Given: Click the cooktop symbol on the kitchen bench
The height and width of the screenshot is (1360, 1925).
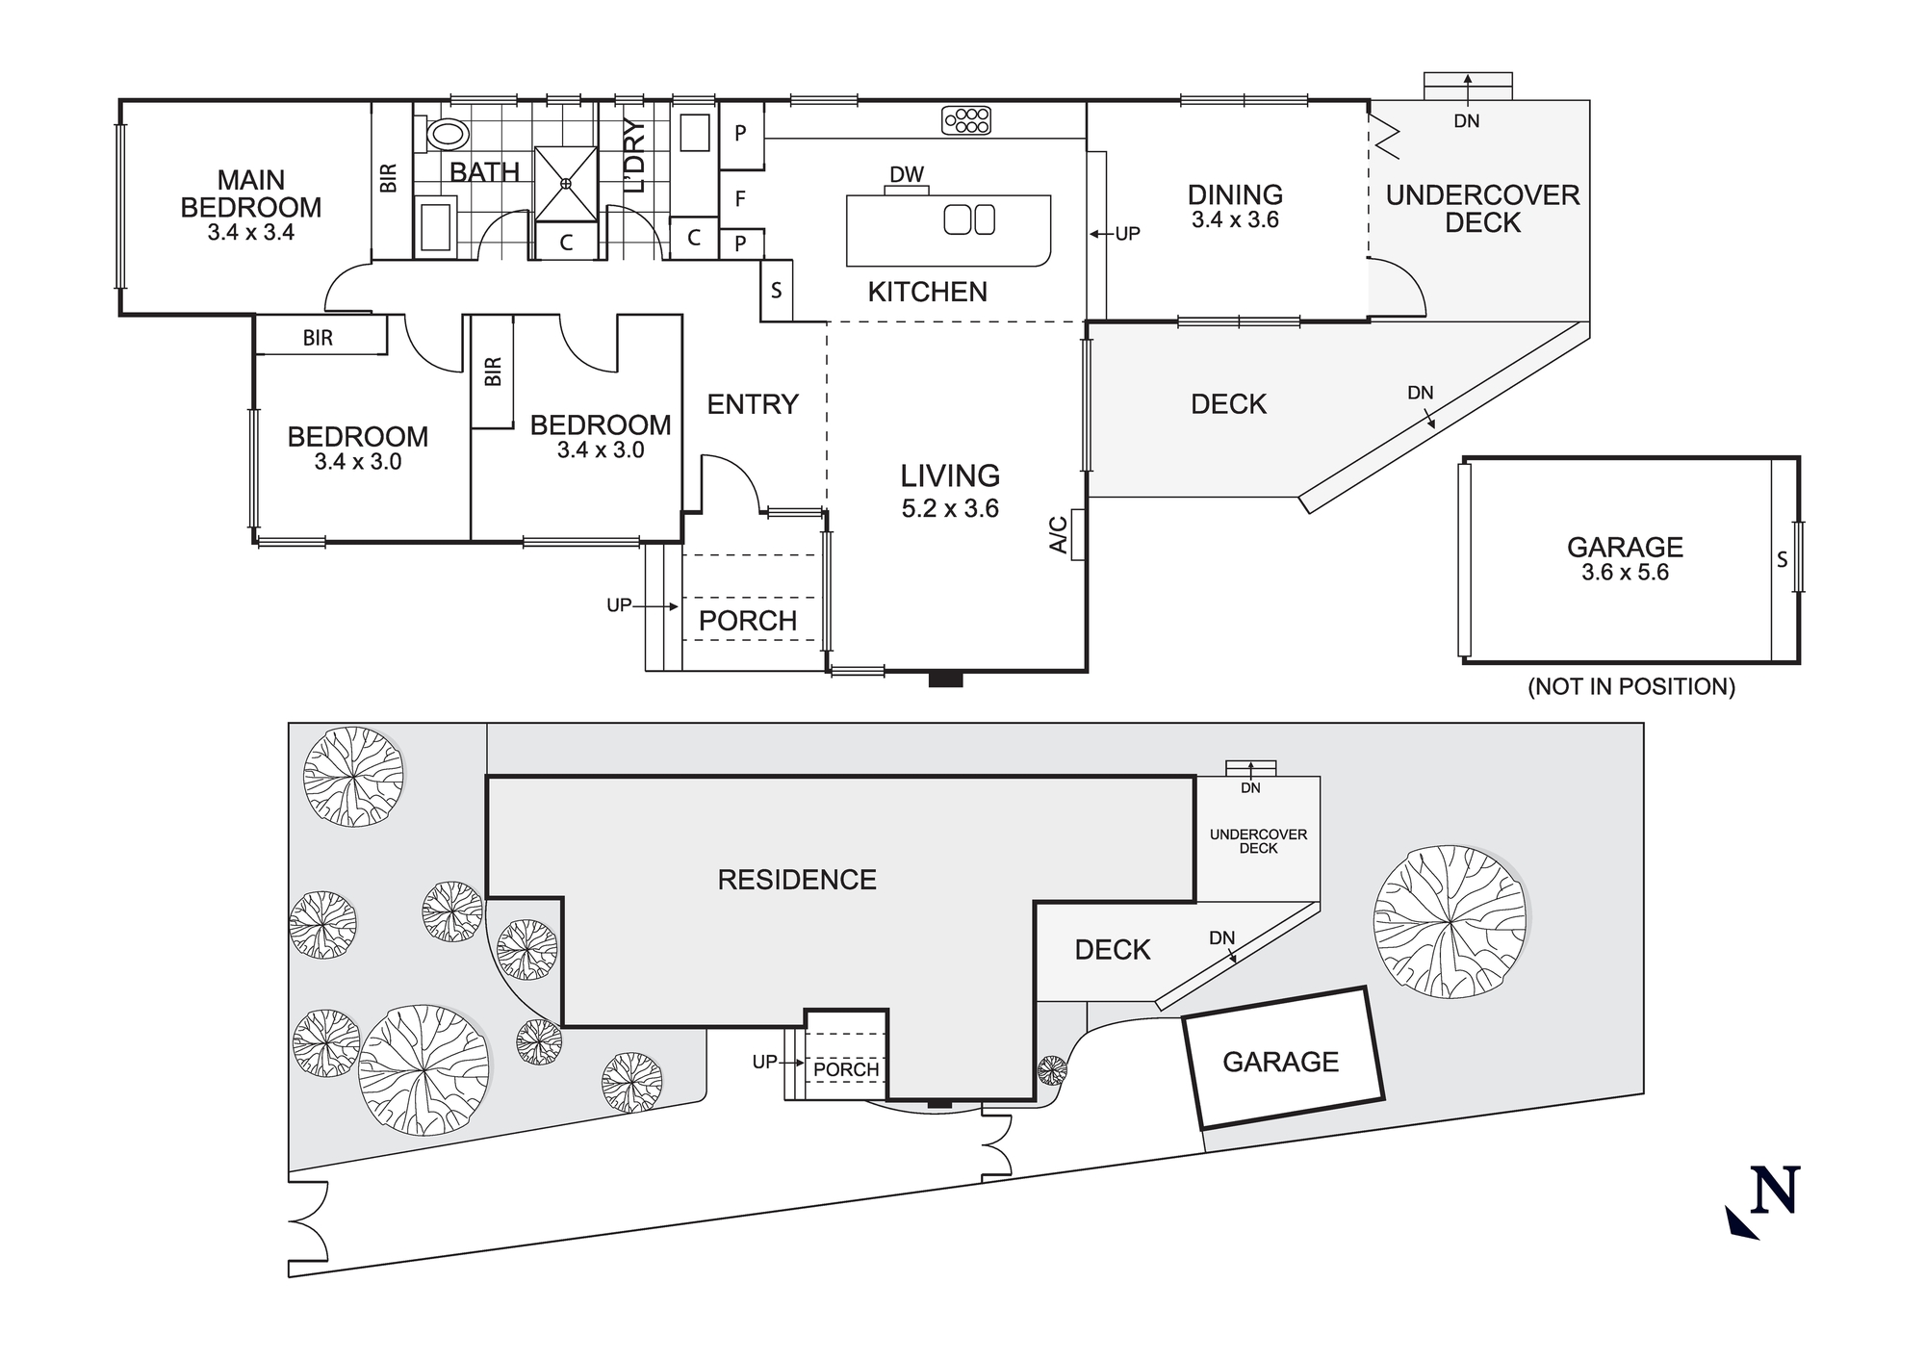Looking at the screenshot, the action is [x=967, y=120].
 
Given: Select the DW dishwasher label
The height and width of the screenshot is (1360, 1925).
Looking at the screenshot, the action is [x=907, y=174].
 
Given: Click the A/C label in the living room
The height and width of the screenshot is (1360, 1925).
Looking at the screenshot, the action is [x=1059, y=534].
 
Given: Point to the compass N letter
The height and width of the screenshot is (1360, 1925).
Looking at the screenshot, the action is [x=1774, y=1192].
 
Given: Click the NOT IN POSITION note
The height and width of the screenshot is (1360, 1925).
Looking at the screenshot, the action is [x=1631, y=687].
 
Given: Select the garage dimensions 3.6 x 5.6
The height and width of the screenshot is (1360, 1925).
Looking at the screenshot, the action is [x=1625, y=573].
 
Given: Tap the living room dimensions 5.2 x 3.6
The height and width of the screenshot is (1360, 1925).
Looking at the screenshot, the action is [x=950, y=509].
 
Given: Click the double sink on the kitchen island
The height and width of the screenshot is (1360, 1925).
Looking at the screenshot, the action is [x=969, y=219].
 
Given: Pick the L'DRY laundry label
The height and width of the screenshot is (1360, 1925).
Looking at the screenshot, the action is [x=633, y=155].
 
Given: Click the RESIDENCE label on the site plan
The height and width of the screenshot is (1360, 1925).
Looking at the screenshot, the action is [x=797, y=880].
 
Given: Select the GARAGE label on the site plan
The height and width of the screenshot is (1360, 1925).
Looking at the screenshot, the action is [x=1280, y=1062].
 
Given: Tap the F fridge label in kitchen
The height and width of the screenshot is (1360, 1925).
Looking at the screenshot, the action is [x=740, y=199].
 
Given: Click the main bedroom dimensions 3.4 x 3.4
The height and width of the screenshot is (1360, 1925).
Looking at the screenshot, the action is [x=251, y=232].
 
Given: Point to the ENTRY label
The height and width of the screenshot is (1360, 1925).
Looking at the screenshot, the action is [x=753, y=404].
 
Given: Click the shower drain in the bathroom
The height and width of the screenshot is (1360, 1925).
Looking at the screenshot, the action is [x=566, y=183].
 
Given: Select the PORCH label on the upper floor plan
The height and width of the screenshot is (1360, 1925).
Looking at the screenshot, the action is [x=748, y=622].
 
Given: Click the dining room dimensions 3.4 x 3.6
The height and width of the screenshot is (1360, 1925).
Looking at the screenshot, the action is [x=1235, y=219].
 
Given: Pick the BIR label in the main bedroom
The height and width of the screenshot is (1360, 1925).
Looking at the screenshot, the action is [x=389, y=178].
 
